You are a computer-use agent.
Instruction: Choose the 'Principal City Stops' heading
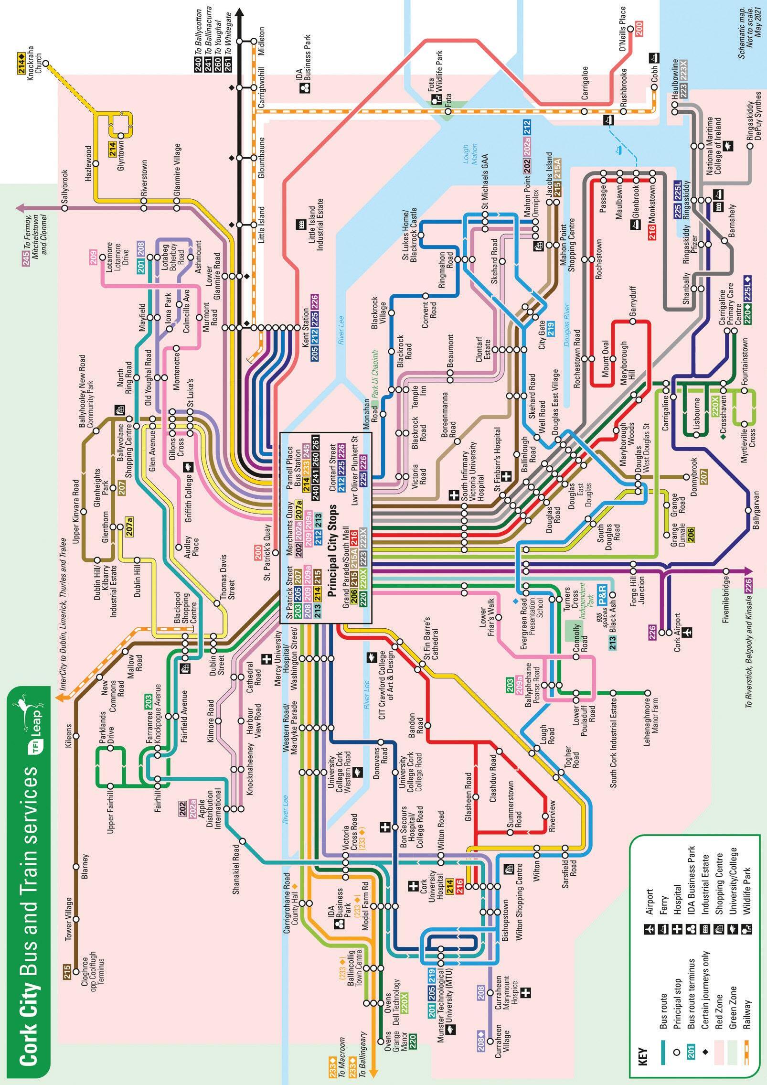click(x=332, y=550)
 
